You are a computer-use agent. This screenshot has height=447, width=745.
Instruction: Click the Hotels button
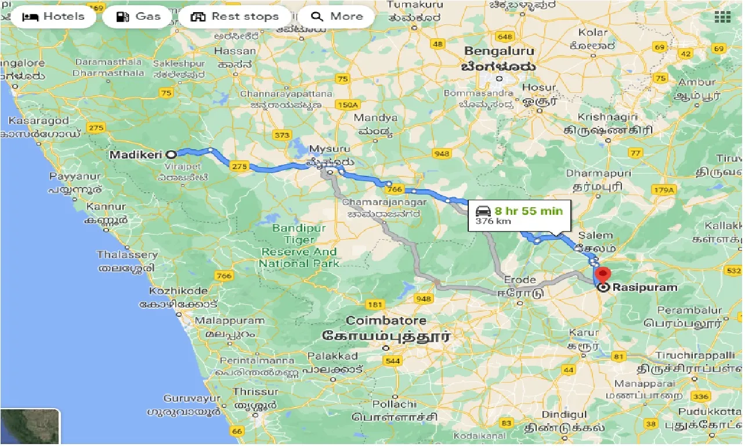click(x=53, y=17)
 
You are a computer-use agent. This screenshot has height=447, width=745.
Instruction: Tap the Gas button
click(x=138, y=17)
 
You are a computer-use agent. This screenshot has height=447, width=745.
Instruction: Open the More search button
click(x=336, y=17)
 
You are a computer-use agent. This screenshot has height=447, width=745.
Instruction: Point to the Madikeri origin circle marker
click(x=171, y=154)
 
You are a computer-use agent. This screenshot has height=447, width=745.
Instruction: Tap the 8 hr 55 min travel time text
click(x=528, y=211)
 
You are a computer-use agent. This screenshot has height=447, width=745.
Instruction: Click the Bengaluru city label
click(x=499, y=51)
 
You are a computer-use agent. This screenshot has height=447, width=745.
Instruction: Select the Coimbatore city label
click(x=386, y=320)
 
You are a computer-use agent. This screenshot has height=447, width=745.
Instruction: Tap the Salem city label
click(x=595, y=236)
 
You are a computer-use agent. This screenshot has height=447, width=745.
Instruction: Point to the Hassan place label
click(x=234, y=51)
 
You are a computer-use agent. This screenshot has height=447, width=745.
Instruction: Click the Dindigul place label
click(x=560, y=414)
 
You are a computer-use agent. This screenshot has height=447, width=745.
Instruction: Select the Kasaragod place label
click(x=38, y=121)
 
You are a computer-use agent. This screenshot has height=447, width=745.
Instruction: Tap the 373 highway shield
click(x=281, y=135)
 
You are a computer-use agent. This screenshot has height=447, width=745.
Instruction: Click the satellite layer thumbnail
click(x=30, y=427)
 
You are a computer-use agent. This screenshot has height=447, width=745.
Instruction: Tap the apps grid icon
click(x=722, y=17)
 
